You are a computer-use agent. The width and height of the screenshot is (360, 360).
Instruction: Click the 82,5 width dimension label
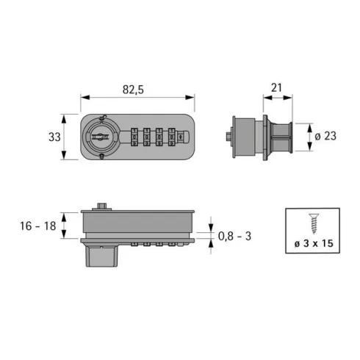(x=133, y=90)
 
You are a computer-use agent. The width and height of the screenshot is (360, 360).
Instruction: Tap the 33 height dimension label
(x=54, y=137)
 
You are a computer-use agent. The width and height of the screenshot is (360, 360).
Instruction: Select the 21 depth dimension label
(x=276, y=87)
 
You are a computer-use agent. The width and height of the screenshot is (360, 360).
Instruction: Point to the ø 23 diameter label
(x=325, y=136)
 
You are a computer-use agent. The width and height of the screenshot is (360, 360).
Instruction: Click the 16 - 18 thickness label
(x=38, y=226)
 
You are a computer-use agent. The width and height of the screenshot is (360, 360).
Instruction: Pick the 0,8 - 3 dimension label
(x=234, y=237)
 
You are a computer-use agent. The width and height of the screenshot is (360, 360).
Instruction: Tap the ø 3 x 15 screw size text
(x=314, y=243)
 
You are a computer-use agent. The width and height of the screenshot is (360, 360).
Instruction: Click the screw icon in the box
(x=314, y=223)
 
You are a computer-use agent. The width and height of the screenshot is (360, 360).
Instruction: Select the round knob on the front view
(x=100, y=137)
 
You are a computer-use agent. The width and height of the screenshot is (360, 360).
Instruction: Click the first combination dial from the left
(x=134, y=137)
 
